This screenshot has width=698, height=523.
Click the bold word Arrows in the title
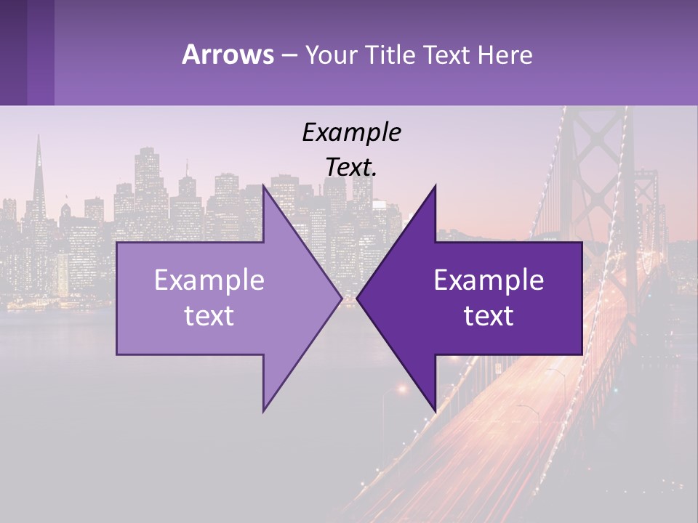click(228, 54)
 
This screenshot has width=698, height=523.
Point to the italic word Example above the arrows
click(351, 132)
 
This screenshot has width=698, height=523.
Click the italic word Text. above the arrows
click(351, 168)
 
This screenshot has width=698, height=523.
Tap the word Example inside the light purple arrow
click(209, 280)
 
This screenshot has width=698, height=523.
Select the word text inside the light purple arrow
click(209, 315)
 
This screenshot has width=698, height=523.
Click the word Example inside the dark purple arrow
click(489, 280)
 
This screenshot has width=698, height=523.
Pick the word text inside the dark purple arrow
click(489, 315)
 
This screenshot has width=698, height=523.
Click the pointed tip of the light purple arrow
click(341, 298)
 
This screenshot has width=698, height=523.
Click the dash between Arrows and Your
click(289, 55)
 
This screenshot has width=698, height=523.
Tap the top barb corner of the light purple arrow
click(263, 185)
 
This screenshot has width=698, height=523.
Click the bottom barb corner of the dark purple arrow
click(436, 412)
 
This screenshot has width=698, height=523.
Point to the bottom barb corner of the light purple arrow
click(263, 412)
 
